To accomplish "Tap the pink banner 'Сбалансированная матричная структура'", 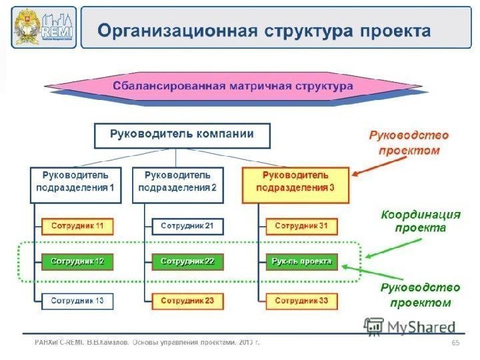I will coord(233,87).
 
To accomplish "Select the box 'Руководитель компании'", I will coord(182,135).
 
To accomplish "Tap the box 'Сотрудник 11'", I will coord(78,226).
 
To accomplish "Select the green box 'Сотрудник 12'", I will coord(78,261).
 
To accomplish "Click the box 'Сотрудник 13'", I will coord(78,301).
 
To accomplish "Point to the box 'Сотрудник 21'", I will coord(187,226).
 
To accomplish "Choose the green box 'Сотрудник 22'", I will coord(187,261).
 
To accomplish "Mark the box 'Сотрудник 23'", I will coord(187,301).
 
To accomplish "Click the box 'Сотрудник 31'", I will coord(301,226).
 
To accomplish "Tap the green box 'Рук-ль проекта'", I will coord(301,261).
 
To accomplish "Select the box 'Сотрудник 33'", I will coord(301,301).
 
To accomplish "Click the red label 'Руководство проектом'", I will coord(409,143).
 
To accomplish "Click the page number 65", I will coord(456,343).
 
